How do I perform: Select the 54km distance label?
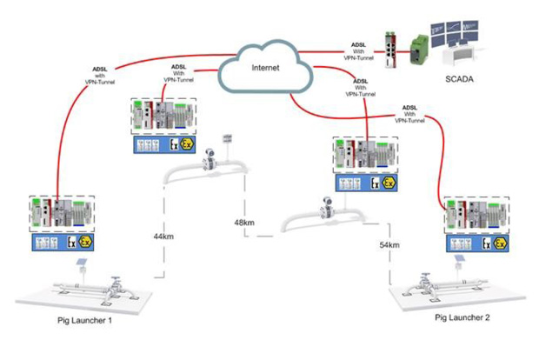[389, 246]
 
